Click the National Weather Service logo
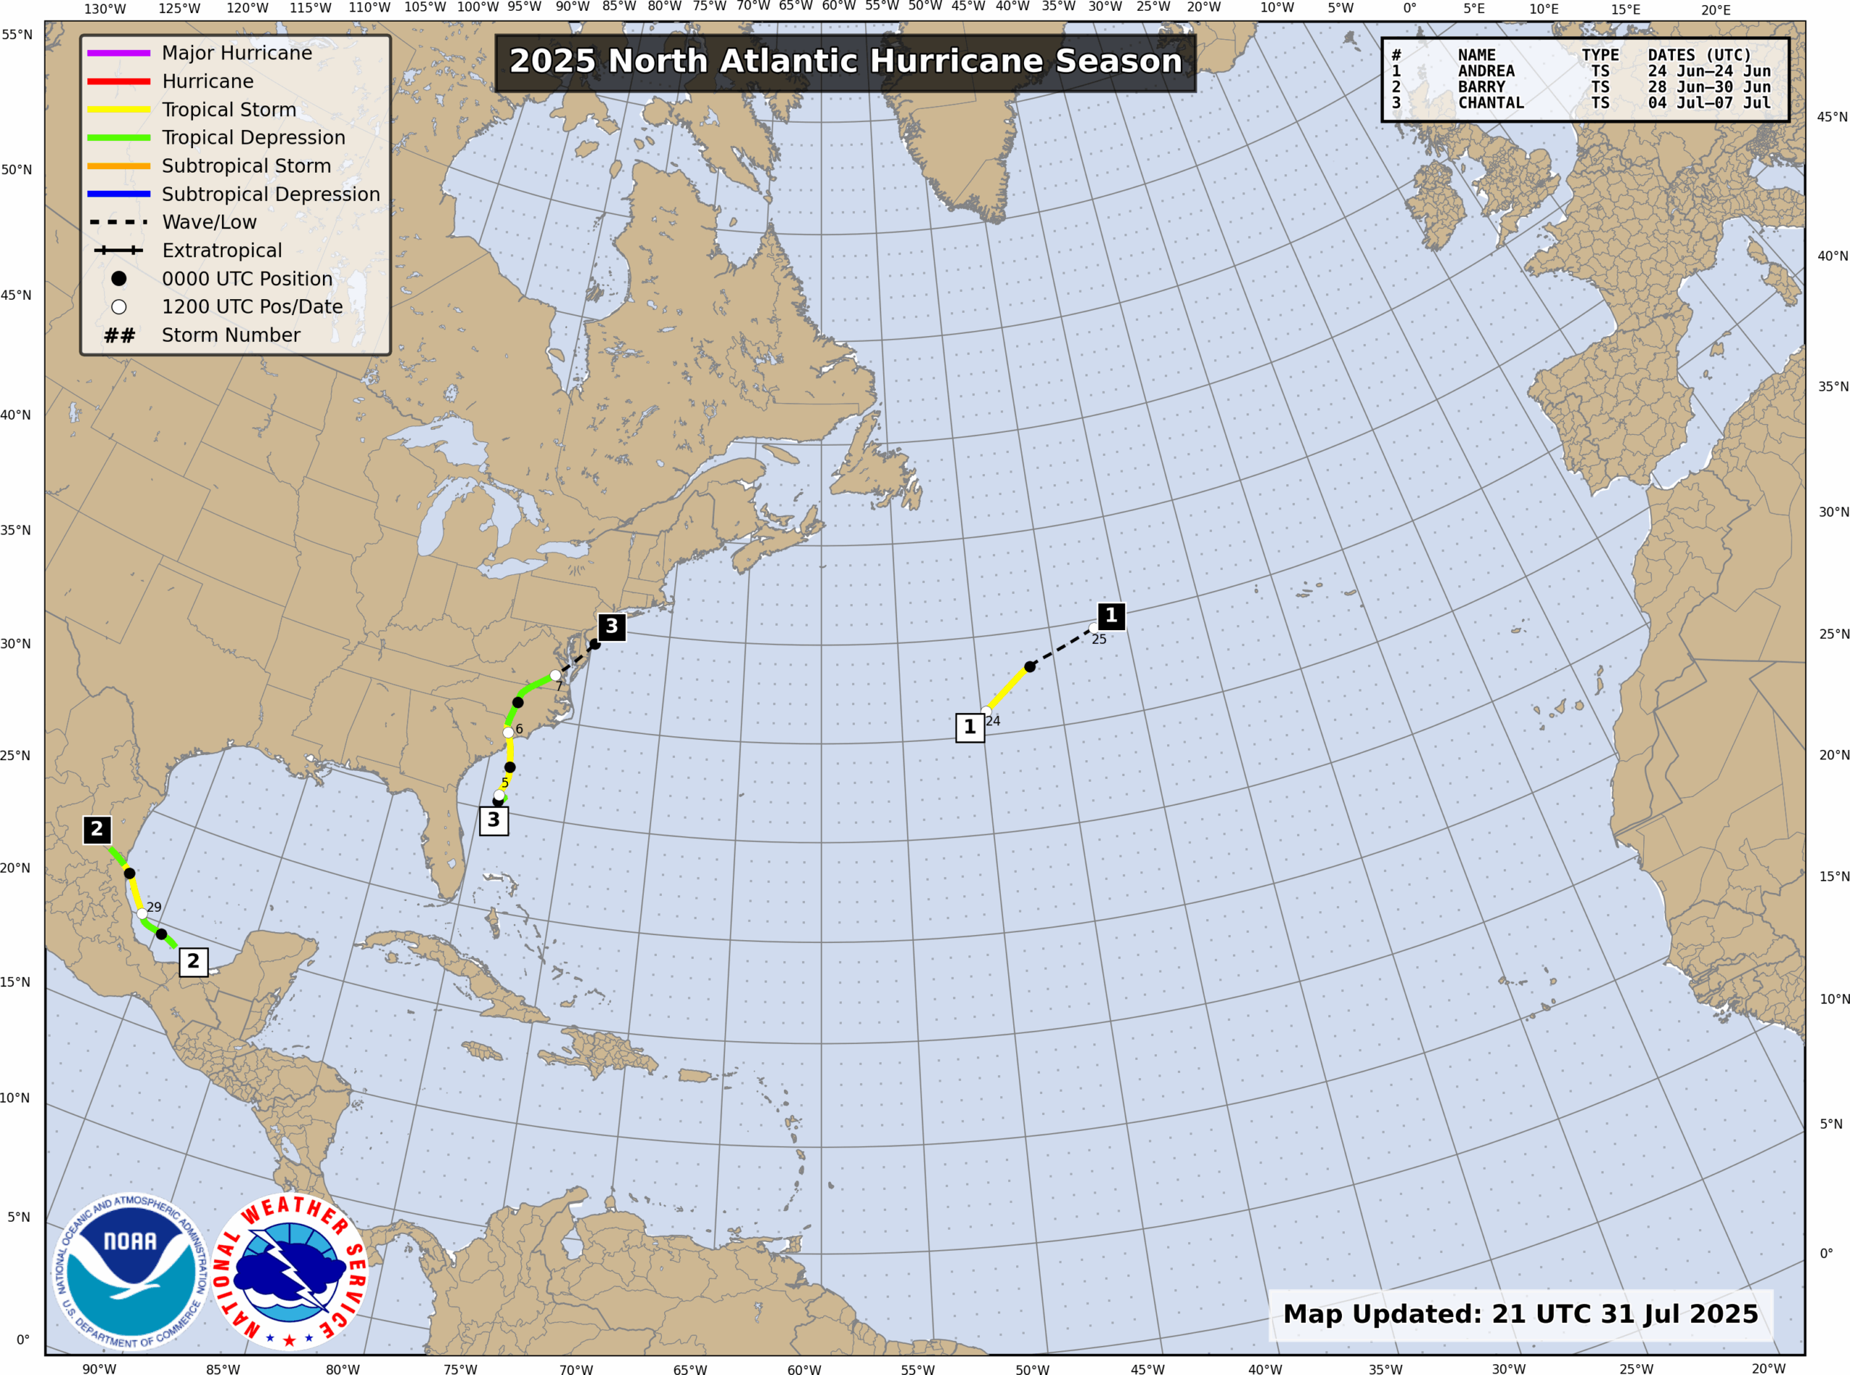pos(290,1272)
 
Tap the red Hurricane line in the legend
pos(119,82)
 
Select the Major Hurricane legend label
pos(237,53)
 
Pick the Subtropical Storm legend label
pos(246,166)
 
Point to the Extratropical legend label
pos(222,251)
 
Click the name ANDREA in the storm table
pos(1486,72)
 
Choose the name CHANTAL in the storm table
pos(1491,103)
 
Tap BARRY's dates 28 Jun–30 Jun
pos(1709,87)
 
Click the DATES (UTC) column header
pos(1700,56)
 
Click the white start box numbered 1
pos(970,728)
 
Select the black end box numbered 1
pos(1111,616)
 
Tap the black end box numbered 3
pos(611,626)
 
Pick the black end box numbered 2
pos(97,829)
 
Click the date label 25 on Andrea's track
pos(1099,639)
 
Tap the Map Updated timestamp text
pos(1520,1314)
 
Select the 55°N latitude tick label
pos(17,35)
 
